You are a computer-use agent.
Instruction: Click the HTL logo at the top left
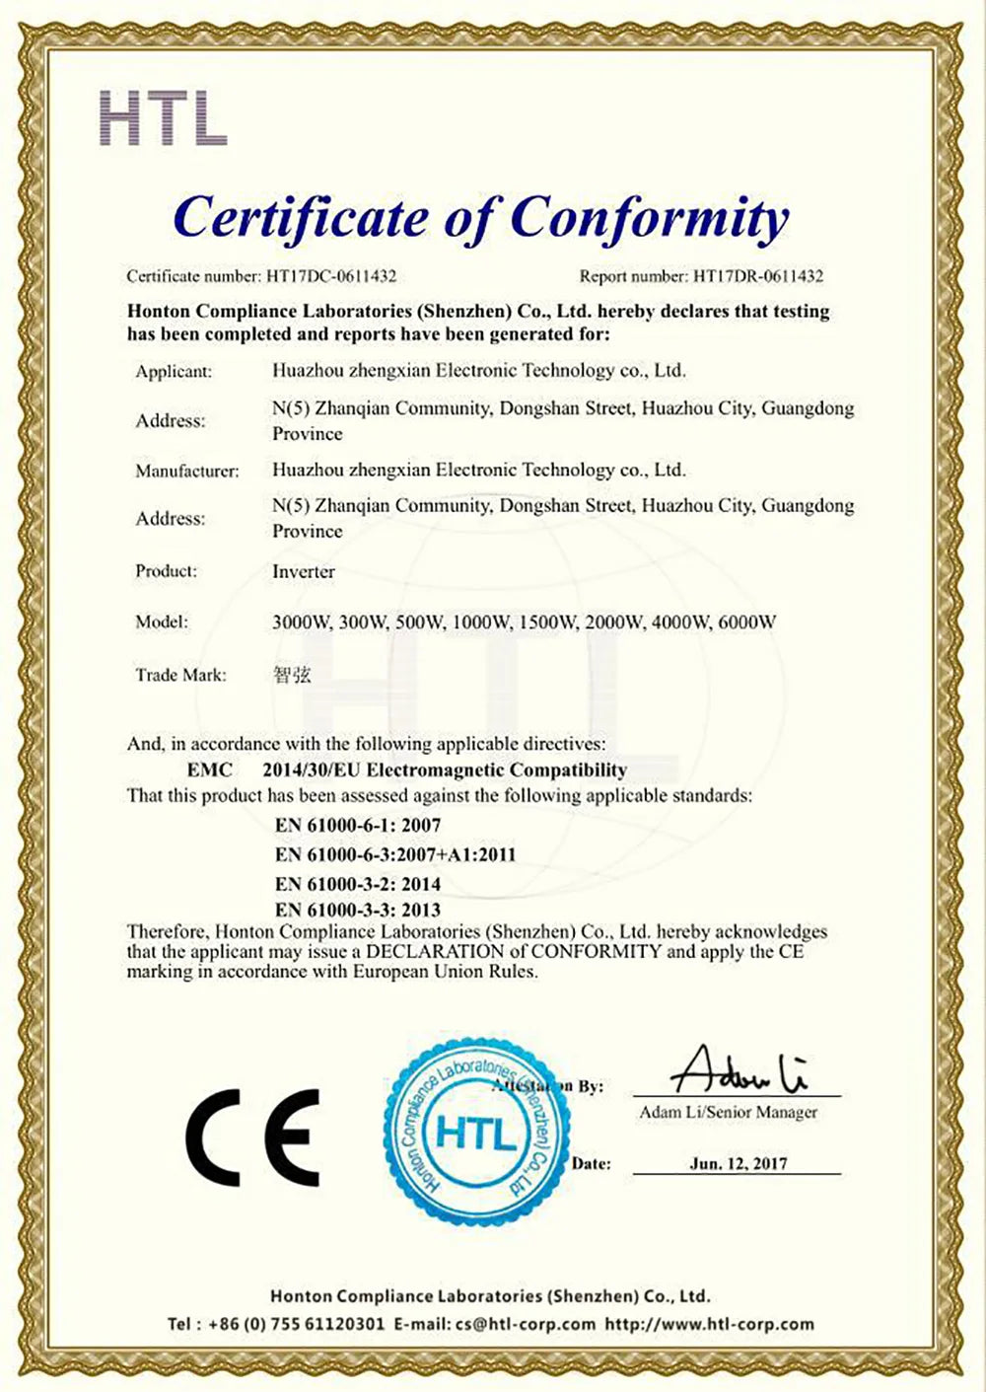(x=164, y=117)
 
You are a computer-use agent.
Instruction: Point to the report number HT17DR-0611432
(x=757, y=277)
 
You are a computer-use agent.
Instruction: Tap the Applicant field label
(x=174, y=372)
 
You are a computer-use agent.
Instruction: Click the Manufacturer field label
(x=187, y=471)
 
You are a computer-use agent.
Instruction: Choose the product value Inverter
(x=304, y=571)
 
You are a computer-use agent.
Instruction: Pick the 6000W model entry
(x=748, y=623)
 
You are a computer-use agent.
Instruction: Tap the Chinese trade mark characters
(x=291, y=675)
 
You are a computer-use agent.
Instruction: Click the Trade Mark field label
(x=180, y=675)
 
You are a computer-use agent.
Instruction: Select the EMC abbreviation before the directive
(x=209, y=769)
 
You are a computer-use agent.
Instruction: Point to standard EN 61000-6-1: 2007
(x=358, y=825)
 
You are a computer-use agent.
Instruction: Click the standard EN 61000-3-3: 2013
(x=358, y=910)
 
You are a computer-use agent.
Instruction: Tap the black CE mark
(x=252, y=1136)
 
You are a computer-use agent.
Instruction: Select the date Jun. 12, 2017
(x=739, y=1164)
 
